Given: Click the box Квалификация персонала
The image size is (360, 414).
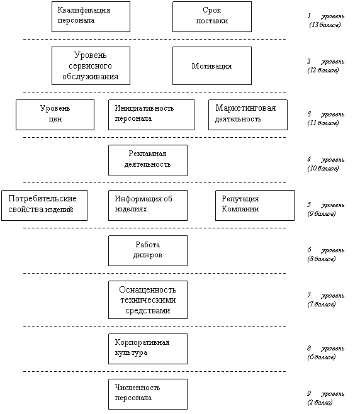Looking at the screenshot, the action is [x=91, y=16].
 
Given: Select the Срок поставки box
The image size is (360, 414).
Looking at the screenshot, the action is [x=212, y=16].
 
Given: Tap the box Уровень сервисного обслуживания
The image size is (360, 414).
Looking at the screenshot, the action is [x=91, y=65].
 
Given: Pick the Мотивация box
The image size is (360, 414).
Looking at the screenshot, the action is [x=212, y=65].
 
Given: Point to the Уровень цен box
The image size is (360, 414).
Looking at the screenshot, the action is [x=55, y=115].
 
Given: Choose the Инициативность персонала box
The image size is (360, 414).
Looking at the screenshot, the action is [x=151, y=115].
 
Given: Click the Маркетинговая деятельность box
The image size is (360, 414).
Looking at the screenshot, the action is [x=248, y=115].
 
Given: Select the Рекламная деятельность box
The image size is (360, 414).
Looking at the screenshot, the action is [x=148, y=160].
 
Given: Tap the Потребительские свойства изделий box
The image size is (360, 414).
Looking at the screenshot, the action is [x=45, y=205].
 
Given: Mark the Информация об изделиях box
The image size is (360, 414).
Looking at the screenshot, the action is [x=148, y=205].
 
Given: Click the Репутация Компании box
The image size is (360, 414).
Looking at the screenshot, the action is [x=255, y=205].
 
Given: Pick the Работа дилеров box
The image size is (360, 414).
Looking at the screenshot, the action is [x=148, y=250].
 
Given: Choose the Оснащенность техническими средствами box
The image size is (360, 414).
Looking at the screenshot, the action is [x=148, y=299].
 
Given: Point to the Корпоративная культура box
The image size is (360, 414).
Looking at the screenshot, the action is [x=148, y=349].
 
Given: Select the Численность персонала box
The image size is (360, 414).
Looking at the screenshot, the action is [x=148, y=394].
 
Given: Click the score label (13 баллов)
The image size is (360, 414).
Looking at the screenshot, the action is [x=325, y=25].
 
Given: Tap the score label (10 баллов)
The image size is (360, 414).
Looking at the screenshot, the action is [x=323, y=169].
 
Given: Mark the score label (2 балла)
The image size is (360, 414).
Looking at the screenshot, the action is [x=320, y=403].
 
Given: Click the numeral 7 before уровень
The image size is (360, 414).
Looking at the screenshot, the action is [x=309, y=295].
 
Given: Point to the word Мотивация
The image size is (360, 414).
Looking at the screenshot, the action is [x=211, y=66].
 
